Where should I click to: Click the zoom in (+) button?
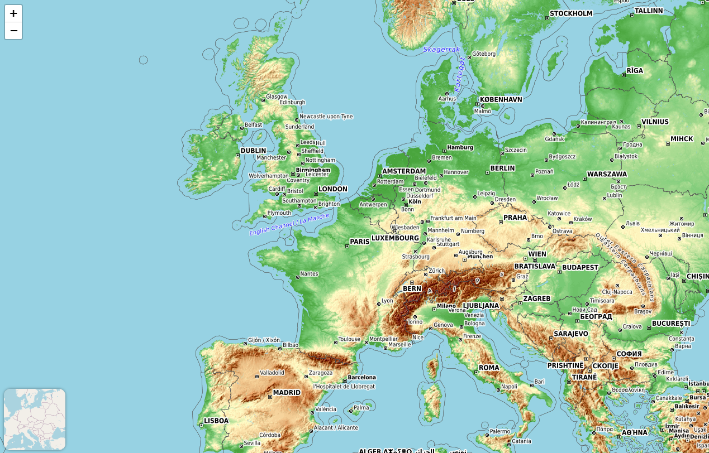[x=13, y=13]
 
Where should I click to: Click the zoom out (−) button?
[x=13, y=31]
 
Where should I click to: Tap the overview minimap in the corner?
[x=35, y=420]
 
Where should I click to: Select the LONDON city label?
[x=332, y=189]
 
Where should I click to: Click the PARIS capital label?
[x=360, y=242]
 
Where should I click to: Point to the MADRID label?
[x=287, y=393]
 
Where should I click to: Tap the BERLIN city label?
[x=502, y=168]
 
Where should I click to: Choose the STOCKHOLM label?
[x=571, y=14]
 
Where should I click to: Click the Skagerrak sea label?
[x=441, y=50]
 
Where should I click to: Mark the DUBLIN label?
[x=253, y=151]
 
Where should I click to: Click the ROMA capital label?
[x=489, y=368]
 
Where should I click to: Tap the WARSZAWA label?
[x=607, y=174]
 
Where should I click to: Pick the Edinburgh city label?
[x=292, y=103]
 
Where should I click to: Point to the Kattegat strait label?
[x=460, y=74]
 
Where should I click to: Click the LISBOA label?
[x=216, y=421]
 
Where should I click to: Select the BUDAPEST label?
[x=580, y=268]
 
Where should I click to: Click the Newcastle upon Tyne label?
[x=326, y=117]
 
